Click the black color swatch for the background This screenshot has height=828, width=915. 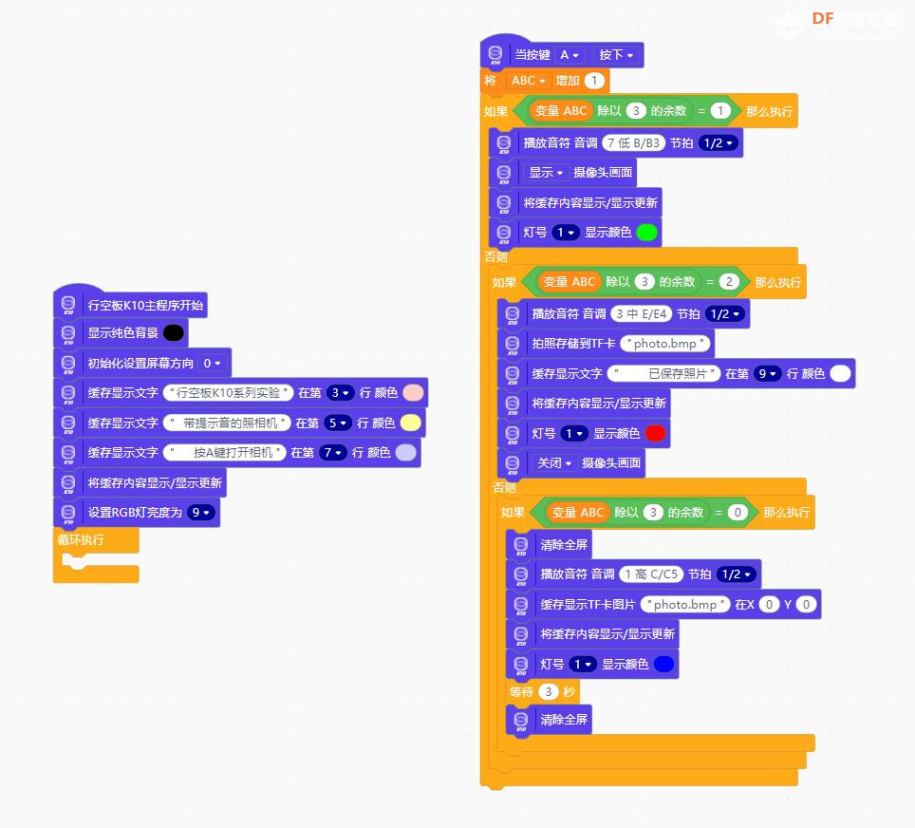pos(174,333)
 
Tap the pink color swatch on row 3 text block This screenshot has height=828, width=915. pos(413,393)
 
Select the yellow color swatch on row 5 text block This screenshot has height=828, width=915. pos(411,423)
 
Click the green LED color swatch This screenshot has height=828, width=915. pos(646,233)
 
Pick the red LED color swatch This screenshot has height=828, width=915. pos(655,433)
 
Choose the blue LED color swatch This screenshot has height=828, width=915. pos(664,664)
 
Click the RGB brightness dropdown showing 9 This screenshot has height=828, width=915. pos(200,513)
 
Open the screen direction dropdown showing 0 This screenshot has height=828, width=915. pos(212,363)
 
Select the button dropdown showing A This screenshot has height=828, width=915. pos(569,55)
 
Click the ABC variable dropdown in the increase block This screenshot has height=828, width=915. pos(528,81)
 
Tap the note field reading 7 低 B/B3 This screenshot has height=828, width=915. pos(634,143)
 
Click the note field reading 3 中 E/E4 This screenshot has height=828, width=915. pos(642,314)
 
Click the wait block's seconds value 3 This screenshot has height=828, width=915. pos(548,692)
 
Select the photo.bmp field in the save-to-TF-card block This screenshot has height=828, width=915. pos(665,344)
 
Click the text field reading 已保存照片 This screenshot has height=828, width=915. pos(664,374)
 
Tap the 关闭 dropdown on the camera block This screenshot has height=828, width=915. pos(553,463)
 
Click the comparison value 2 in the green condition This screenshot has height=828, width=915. pos(729,282)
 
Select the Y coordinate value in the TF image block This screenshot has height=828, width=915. pos(807,604)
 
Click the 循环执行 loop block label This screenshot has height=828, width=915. pos(81,540)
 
